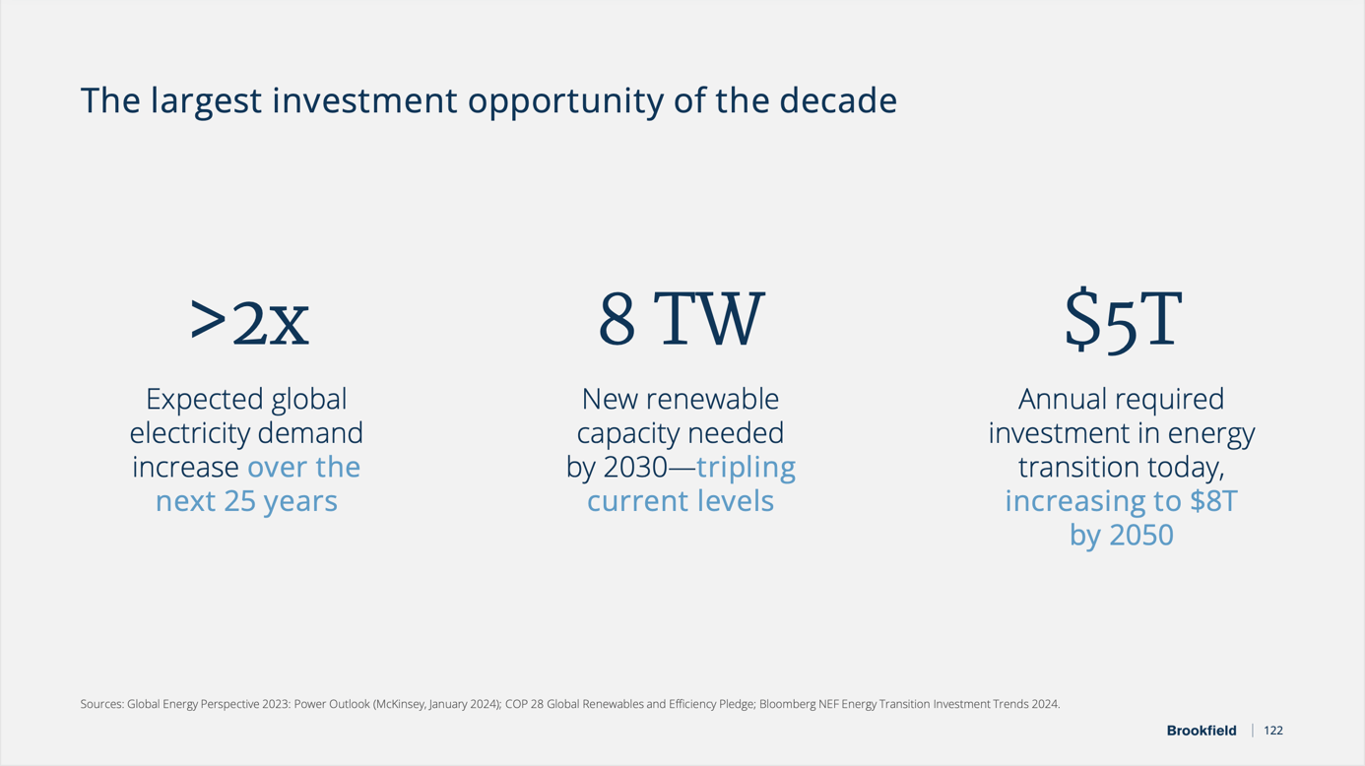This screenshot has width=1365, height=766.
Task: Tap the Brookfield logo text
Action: [1201, 731]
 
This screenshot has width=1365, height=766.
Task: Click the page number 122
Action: [1272, 731]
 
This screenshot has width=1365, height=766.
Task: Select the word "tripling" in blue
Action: [746, 467]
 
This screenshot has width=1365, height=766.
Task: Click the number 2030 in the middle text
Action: [634, 467]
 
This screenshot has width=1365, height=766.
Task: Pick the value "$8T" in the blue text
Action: [1212, 501]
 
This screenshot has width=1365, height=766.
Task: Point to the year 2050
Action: [1140, 536]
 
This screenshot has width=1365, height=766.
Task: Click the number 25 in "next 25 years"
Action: [239, 501]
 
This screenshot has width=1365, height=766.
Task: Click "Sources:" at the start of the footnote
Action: [101, 704]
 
